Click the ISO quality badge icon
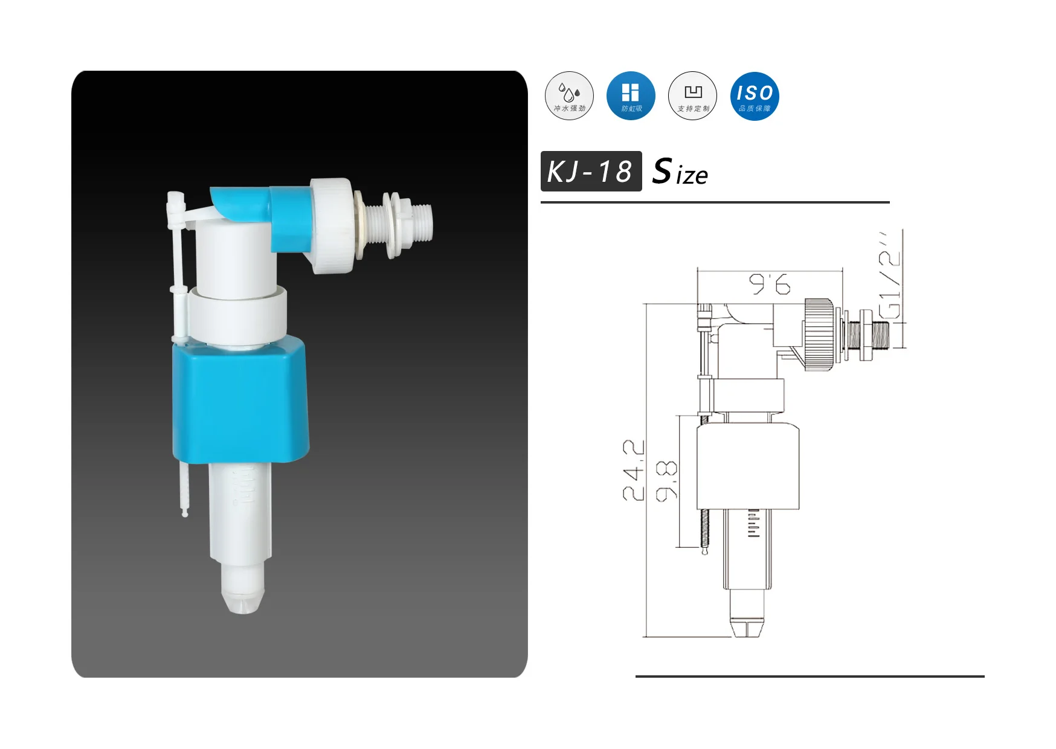[x=754, y=95]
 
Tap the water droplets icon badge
[x=569, y=95]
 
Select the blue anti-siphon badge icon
[x=631, y=95]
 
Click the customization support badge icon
[x=692, y=95]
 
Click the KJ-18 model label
[x=590, y=172]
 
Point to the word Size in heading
[x=680, y=172]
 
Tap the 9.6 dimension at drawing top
[x=770, y=284]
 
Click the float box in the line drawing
[x=748, y=466]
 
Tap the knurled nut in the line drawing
[x=819, y=332]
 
